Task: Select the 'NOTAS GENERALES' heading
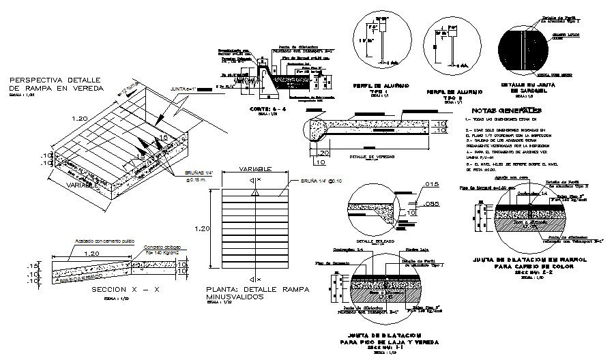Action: [x=506, y=110]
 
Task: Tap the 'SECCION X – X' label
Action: [x=125, y=289]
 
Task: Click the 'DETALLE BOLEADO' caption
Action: [x=371, y=241]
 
